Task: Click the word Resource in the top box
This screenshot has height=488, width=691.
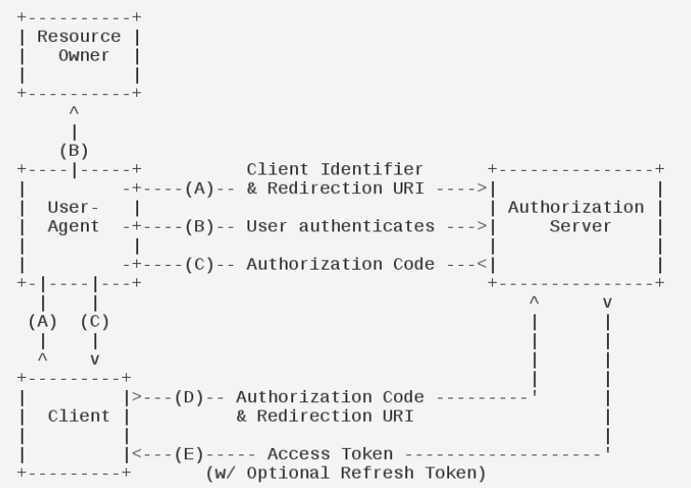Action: (x=78, y=37)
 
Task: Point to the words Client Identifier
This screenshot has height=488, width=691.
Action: (x=334, y=169)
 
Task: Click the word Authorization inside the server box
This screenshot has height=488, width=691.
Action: (x=575, y=206)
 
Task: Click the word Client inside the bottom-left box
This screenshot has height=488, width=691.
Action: (x=78, y=415)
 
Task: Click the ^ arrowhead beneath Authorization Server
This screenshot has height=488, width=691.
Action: (x=534, y=301)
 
